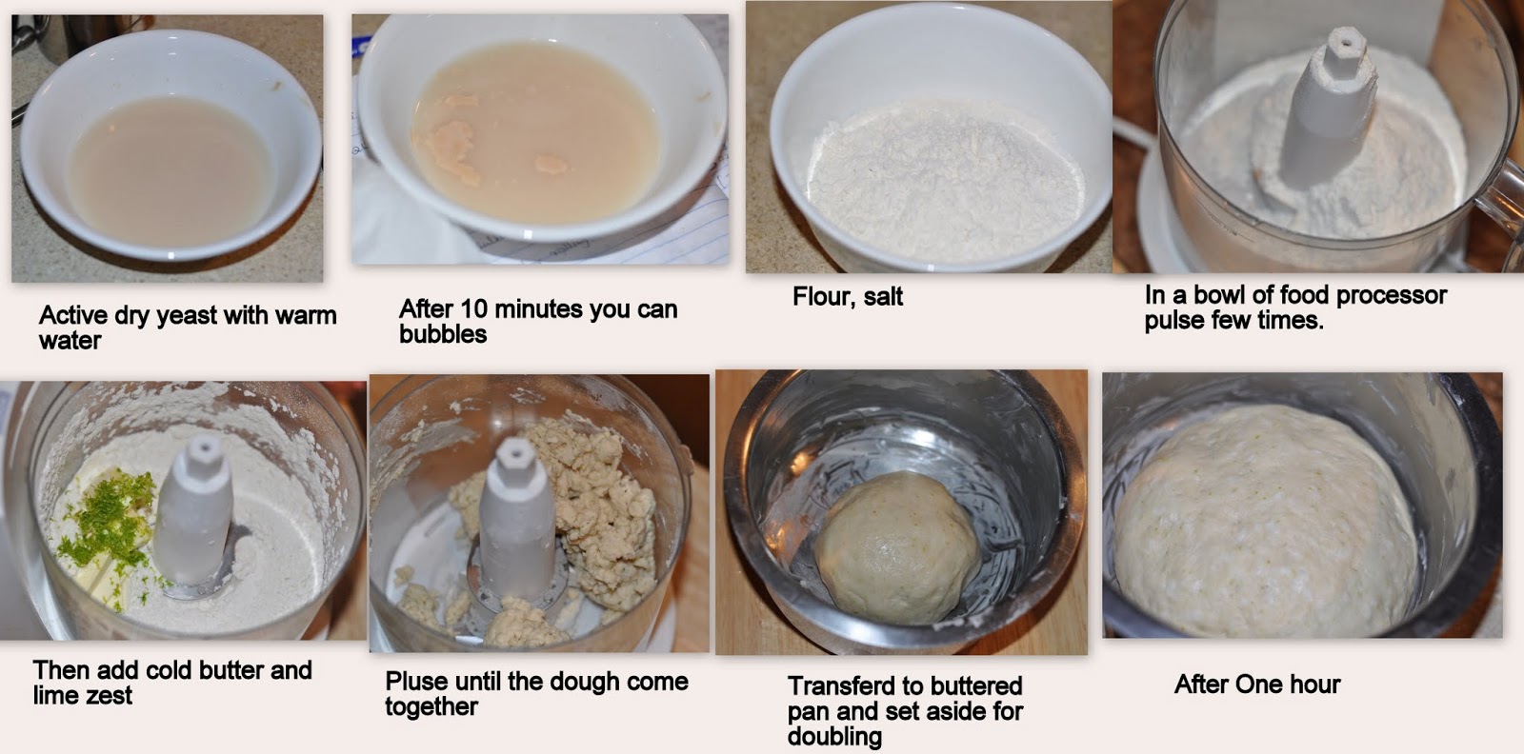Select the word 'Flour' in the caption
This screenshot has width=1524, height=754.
(819, 297)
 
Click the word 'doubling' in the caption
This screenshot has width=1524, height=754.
(834, 736)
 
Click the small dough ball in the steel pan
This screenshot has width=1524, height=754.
(897, 547)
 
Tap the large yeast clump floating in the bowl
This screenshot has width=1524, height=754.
(451, 151)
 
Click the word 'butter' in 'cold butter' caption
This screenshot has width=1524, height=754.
(231, 670)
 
